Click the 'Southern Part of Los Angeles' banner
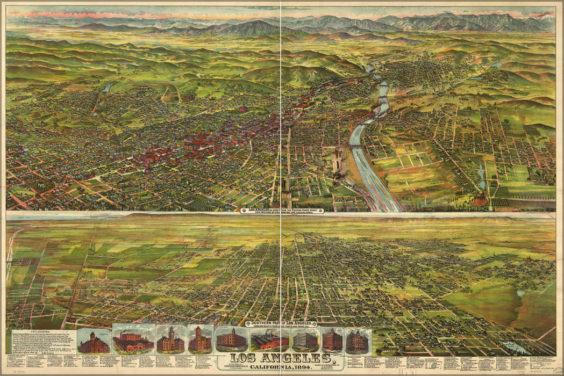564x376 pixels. pyautogui.click(x=281, y=323)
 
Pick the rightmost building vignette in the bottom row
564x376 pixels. pyautogui.click(x=357, y=340)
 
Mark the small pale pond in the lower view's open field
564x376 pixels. pyautogui.click(x=520, y=293)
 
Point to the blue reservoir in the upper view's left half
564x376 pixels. pyautogui.click(x=108, y=88)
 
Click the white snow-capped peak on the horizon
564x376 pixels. pyautogui.click(x=547, y=18)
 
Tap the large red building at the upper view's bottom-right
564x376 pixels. pyautogui.click(x=480, y=200)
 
